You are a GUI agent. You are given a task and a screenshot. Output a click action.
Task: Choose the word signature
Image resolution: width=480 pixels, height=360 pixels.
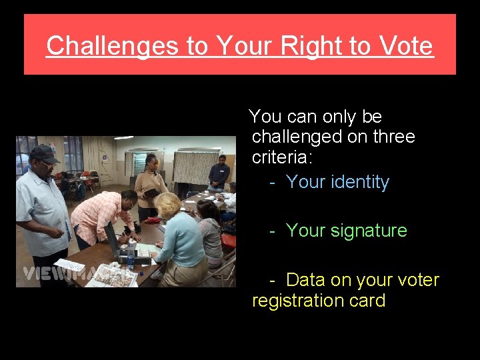pyautogui.click(x=369, y=231)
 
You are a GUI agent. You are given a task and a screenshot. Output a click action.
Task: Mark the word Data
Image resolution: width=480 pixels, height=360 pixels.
pyautogui.click(x=310, y=280)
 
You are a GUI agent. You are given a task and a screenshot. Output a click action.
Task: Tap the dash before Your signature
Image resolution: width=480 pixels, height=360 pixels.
pyautogui.click(x=273, y=231)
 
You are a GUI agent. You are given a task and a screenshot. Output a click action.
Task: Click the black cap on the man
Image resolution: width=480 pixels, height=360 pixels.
pyautogui.click(x=43, y=153)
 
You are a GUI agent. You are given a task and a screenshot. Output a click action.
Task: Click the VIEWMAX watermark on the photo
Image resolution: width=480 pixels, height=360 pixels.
pyautogui.click(x=67, y=273)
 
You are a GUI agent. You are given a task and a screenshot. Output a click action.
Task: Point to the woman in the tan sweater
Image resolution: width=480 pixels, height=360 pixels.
pyautogui.click(x=151, y=183)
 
